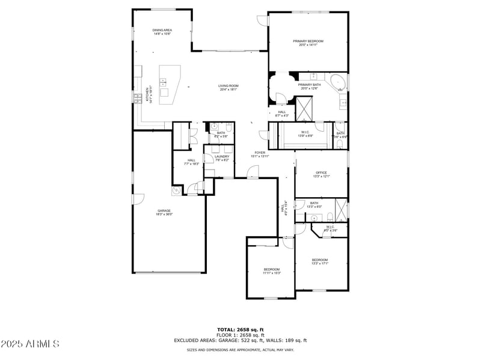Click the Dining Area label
[162, 32]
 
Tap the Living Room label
[228, 88]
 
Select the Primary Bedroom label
[308, 43]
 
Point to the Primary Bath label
[309, 87]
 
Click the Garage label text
[164, 212]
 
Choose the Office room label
[321, 174]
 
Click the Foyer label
[260, 154]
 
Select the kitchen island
[171, 88]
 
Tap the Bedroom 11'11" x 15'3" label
[272, 270]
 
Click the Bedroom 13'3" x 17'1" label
[320, 261]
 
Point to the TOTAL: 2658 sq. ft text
[240, 329]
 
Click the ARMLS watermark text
[29, 344]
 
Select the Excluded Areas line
[240, 340]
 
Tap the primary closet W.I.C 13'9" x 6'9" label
[306, 133]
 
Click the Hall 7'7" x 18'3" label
[191, 162]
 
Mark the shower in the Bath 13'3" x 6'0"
[340, 209]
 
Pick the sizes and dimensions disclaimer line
[240, 349]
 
